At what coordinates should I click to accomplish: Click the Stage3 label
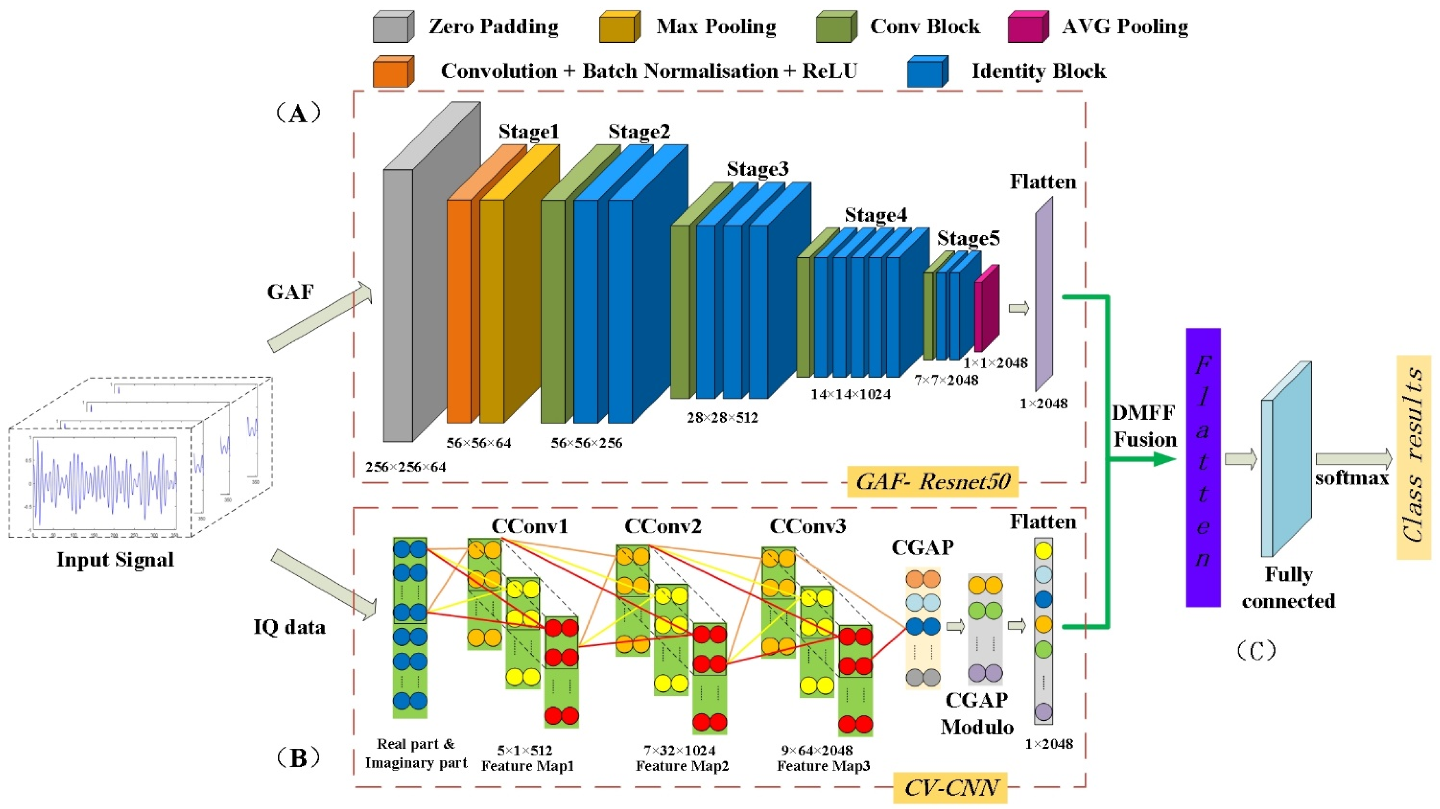757,169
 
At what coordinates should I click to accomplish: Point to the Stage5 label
968,238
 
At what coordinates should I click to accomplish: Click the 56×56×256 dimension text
587,443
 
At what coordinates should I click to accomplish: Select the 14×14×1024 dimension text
851,394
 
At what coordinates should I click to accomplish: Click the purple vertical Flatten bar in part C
1203,467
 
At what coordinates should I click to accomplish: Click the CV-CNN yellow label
950,787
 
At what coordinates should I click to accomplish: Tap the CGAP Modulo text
977,713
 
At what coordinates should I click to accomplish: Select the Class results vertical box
1414,457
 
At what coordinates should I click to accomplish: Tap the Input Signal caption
115,560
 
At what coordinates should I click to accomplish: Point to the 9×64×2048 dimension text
817,750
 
